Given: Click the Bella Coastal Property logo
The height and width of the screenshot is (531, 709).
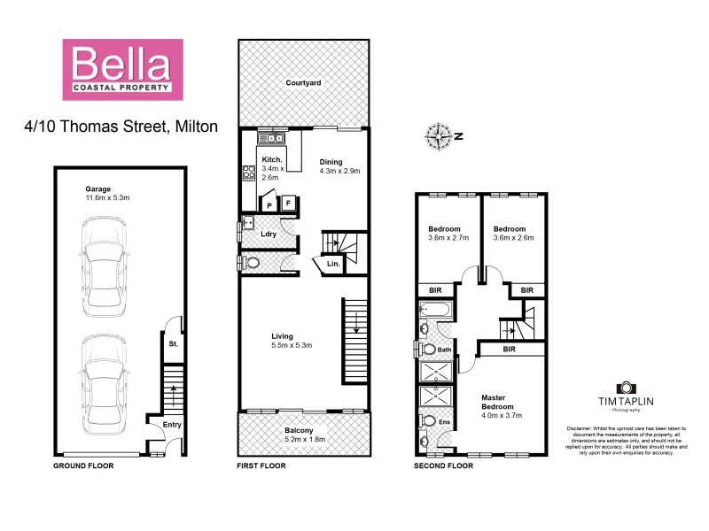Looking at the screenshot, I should click(121, 68).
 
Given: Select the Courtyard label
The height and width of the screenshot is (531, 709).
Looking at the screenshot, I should click(302, 83).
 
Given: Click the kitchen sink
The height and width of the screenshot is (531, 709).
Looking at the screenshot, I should click(269, 138).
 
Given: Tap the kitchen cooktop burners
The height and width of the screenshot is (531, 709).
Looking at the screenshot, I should click(249, 174).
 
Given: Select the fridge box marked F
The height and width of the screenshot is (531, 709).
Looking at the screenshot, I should click(289, 204).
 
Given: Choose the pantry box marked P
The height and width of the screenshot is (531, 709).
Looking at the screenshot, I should click(269, 204).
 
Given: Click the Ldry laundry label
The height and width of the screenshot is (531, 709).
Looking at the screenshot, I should click(269, 234).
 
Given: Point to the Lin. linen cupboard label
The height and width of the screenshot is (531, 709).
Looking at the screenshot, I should click(333, 264).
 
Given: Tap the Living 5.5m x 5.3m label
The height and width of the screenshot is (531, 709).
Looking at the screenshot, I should click(291, 340).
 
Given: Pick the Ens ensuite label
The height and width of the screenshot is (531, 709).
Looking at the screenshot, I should click(444, 422).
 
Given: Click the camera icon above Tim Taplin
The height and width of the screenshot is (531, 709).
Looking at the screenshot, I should click(626, 388).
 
